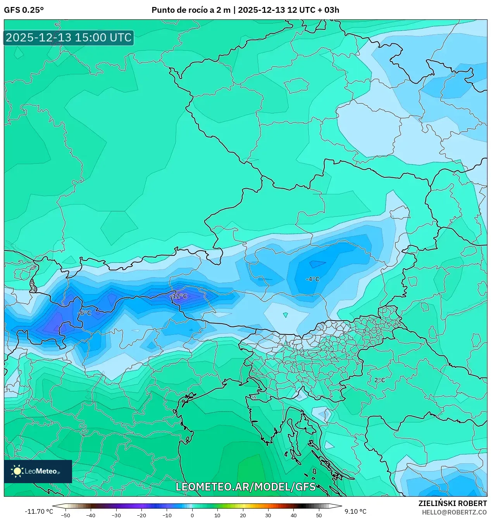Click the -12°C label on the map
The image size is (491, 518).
179,296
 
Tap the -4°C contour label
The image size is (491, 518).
312,279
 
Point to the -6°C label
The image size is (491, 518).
85,313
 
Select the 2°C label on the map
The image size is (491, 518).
379,380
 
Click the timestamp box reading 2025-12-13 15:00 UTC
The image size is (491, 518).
69,38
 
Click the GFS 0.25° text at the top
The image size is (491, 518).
24,10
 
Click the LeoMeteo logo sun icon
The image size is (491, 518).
17,471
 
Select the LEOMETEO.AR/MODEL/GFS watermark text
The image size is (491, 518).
245,487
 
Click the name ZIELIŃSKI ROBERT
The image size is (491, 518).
452,503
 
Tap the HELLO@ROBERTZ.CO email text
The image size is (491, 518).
454,512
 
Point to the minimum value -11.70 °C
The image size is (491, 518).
39,511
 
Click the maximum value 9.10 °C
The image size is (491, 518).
355,511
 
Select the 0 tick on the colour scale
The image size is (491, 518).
192,515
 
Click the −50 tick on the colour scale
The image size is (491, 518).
65,515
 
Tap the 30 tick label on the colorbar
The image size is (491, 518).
268,515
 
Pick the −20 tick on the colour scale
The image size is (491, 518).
141,515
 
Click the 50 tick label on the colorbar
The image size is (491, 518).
319,515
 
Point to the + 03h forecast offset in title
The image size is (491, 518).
328,10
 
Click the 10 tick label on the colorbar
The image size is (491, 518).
217,515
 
